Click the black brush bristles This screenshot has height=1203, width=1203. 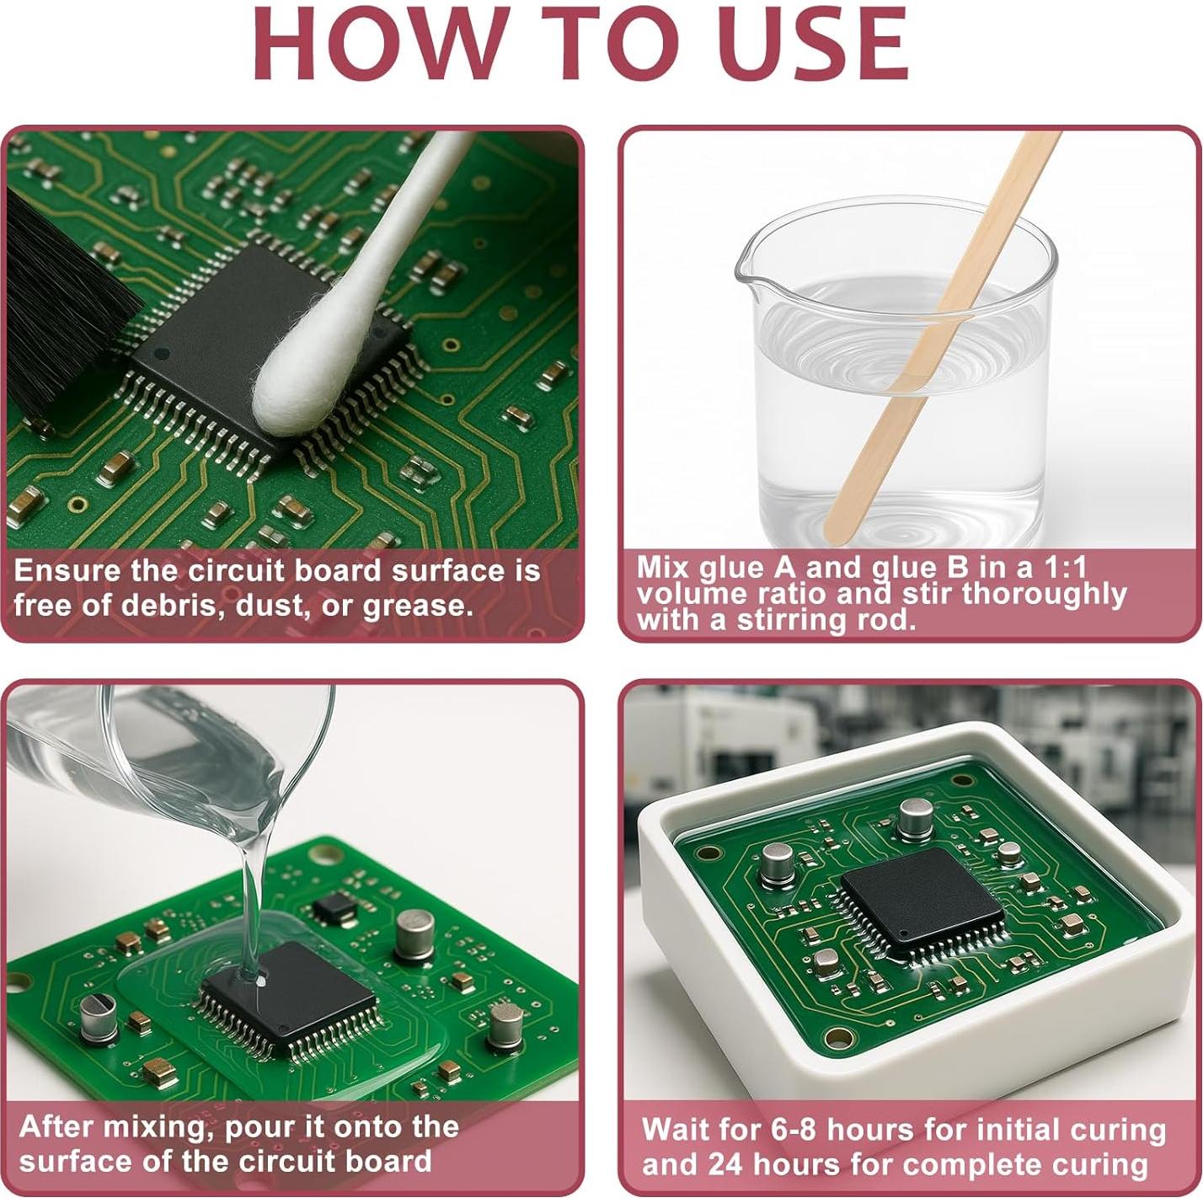[59, 303]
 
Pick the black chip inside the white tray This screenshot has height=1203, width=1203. [922, 901]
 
